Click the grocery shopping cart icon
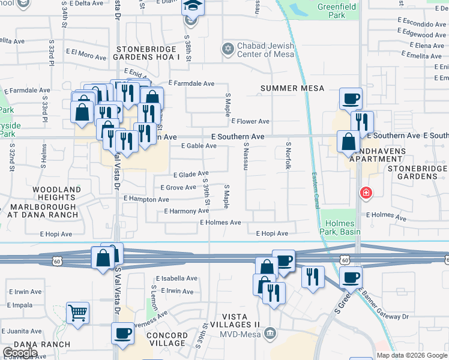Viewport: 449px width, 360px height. point(77,313)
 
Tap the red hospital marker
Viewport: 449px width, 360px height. point(364,193)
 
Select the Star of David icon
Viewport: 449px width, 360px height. point(228,48)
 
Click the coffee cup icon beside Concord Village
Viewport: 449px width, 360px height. point(123,333)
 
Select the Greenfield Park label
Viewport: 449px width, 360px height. point(337,10)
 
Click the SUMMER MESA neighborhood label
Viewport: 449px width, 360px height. point(292,88)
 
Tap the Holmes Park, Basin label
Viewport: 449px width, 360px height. point(340,228)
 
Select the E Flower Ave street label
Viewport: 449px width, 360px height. point(250,121)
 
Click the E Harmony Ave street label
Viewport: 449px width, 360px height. point(187,211)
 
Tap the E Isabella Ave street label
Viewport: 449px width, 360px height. point(176,278)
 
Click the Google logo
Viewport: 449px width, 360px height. point(20,353)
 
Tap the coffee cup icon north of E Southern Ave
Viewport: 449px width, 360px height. point(351,98)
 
